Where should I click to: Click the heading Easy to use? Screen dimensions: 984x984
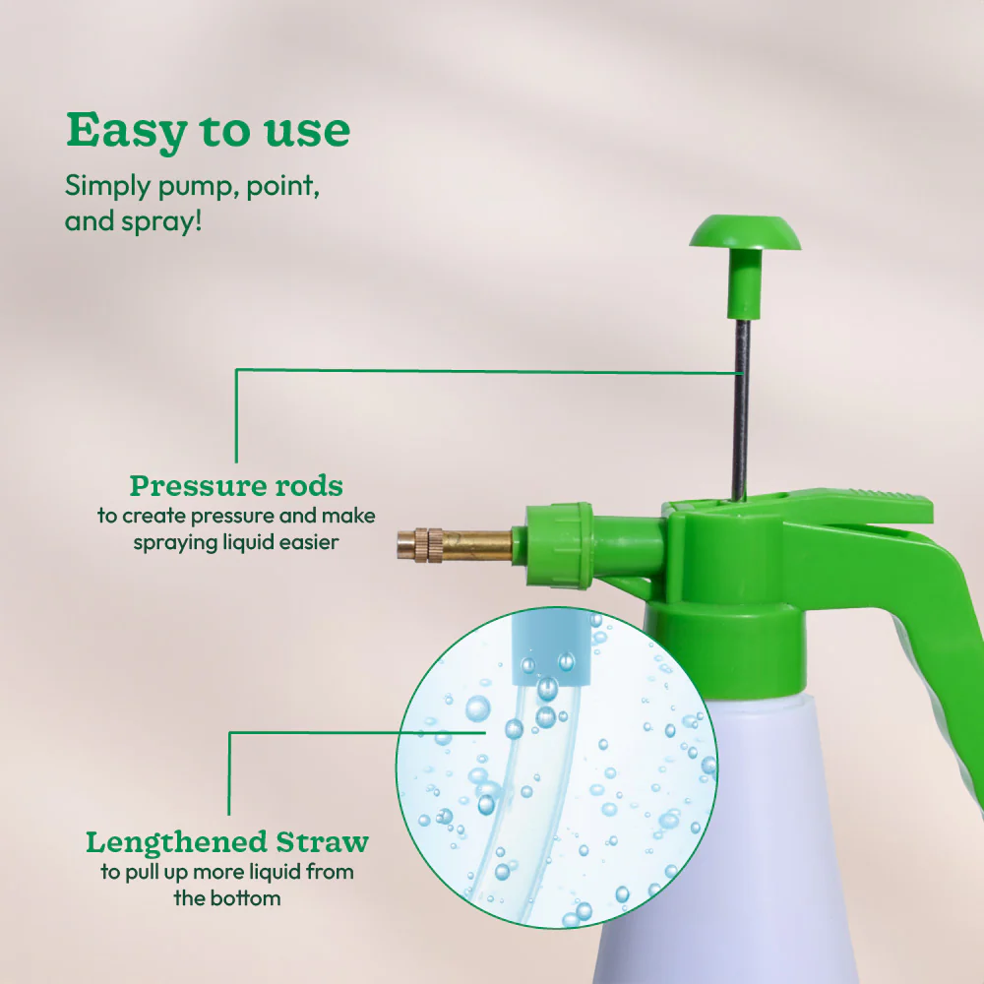tap(208, 130)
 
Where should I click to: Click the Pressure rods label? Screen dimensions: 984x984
tap(236, 486)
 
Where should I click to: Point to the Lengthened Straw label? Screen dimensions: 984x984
tap(227, 842)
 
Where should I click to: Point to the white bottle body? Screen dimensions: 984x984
tap(787, 836)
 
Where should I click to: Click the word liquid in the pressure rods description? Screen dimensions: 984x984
tap(244, 541)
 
